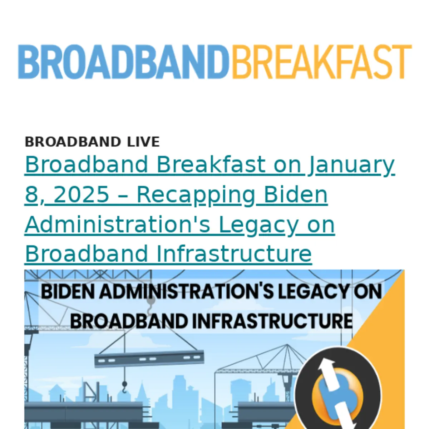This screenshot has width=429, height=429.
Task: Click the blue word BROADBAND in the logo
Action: pos(124,61)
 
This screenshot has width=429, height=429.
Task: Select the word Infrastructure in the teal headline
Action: pos(234,253)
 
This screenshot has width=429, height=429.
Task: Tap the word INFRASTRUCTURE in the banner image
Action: pos(272,321)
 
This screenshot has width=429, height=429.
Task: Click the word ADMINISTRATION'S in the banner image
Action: pos(186,292)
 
